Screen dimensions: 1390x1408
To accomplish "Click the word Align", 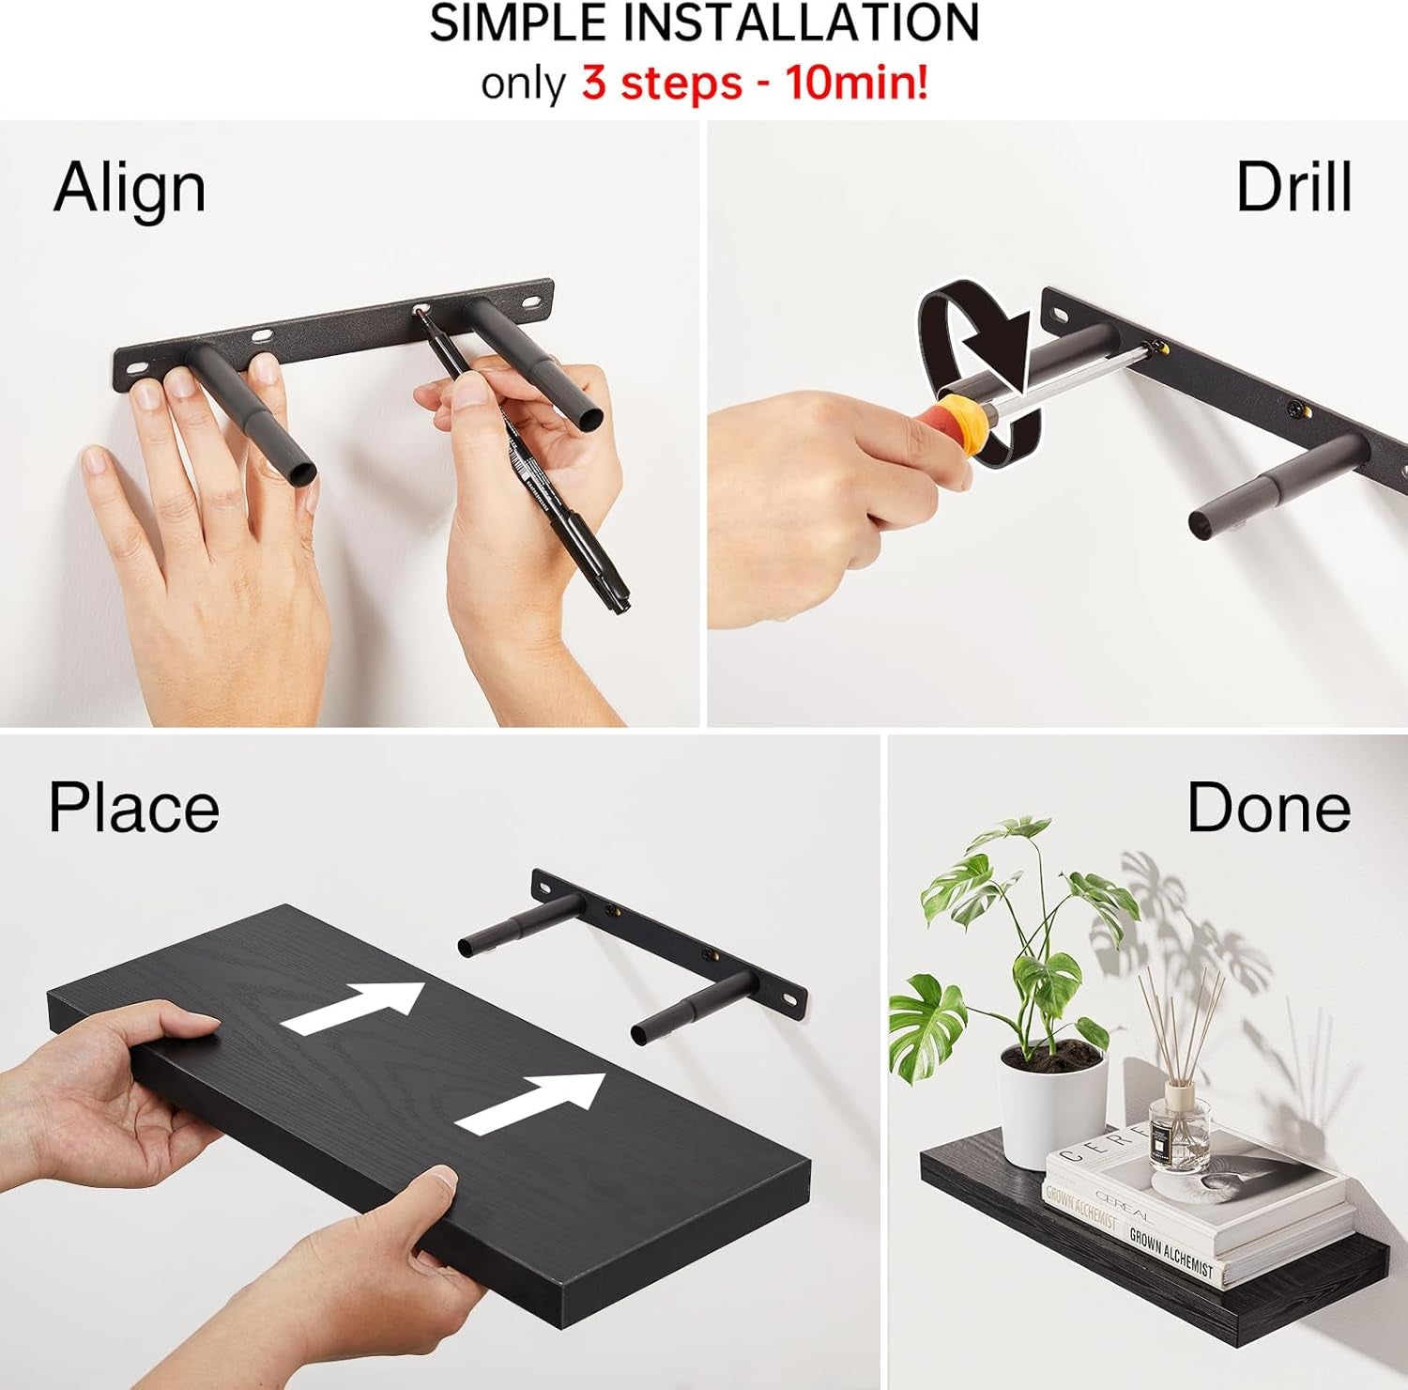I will click(x=130, y=189).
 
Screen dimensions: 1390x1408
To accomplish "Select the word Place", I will click(x=133, y=808).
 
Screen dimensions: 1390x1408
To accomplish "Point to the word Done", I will click(x=1268, y=808).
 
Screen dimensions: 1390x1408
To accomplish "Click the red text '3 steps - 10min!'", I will click(x=755, y=83).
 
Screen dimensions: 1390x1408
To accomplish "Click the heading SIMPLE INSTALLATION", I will click(x=704, y=23).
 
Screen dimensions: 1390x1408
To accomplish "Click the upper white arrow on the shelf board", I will click(x=354, y=1008).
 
